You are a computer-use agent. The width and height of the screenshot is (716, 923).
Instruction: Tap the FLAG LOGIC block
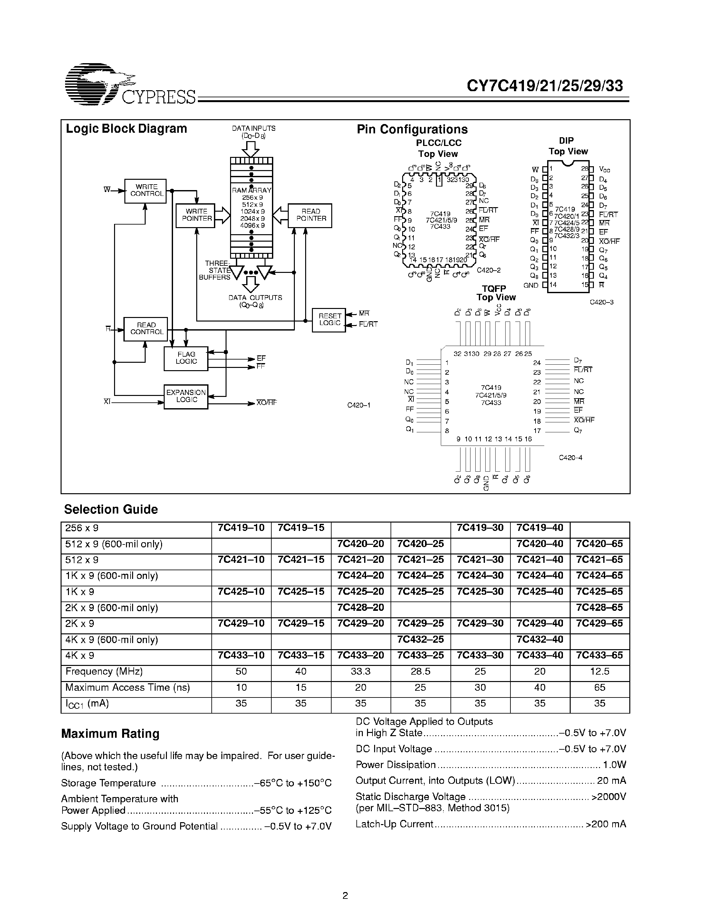tap(186, 358)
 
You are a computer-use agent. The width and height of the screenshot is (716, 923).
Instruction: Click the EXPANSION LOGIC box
tap(186, 396)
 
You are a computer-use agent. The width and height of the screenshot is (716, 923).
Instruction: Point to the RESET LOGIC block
tap(329, 320)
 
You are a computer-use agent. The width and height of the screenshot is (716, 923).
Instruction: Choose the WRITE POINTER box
tap(195, 215)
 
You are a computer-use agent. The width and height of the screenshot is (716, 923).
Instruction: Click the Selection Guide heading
tap(111, 509)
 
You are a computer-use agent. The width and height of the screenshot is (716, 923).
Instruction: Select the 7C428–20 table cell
tap(361, 608)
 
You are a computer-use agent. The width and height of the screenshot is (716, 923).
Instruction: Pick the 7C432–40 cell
tap(540, 639)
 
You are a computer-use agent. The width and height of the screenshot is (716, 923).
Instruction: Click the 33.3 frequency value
tap(361, 671)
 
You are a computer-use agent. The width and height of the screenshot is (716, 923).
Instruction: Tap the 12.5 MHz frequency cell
tap(599, 671)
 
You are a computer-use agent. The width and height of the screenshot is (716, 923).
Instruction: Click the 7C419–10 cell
tap(241, 528)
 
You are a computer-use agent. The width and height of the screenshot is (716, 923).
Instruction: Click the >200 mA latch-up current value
tap(606, 824)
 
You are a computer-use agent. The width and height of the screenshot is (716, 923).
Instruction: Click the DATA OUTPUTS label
tap(255, 298)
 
